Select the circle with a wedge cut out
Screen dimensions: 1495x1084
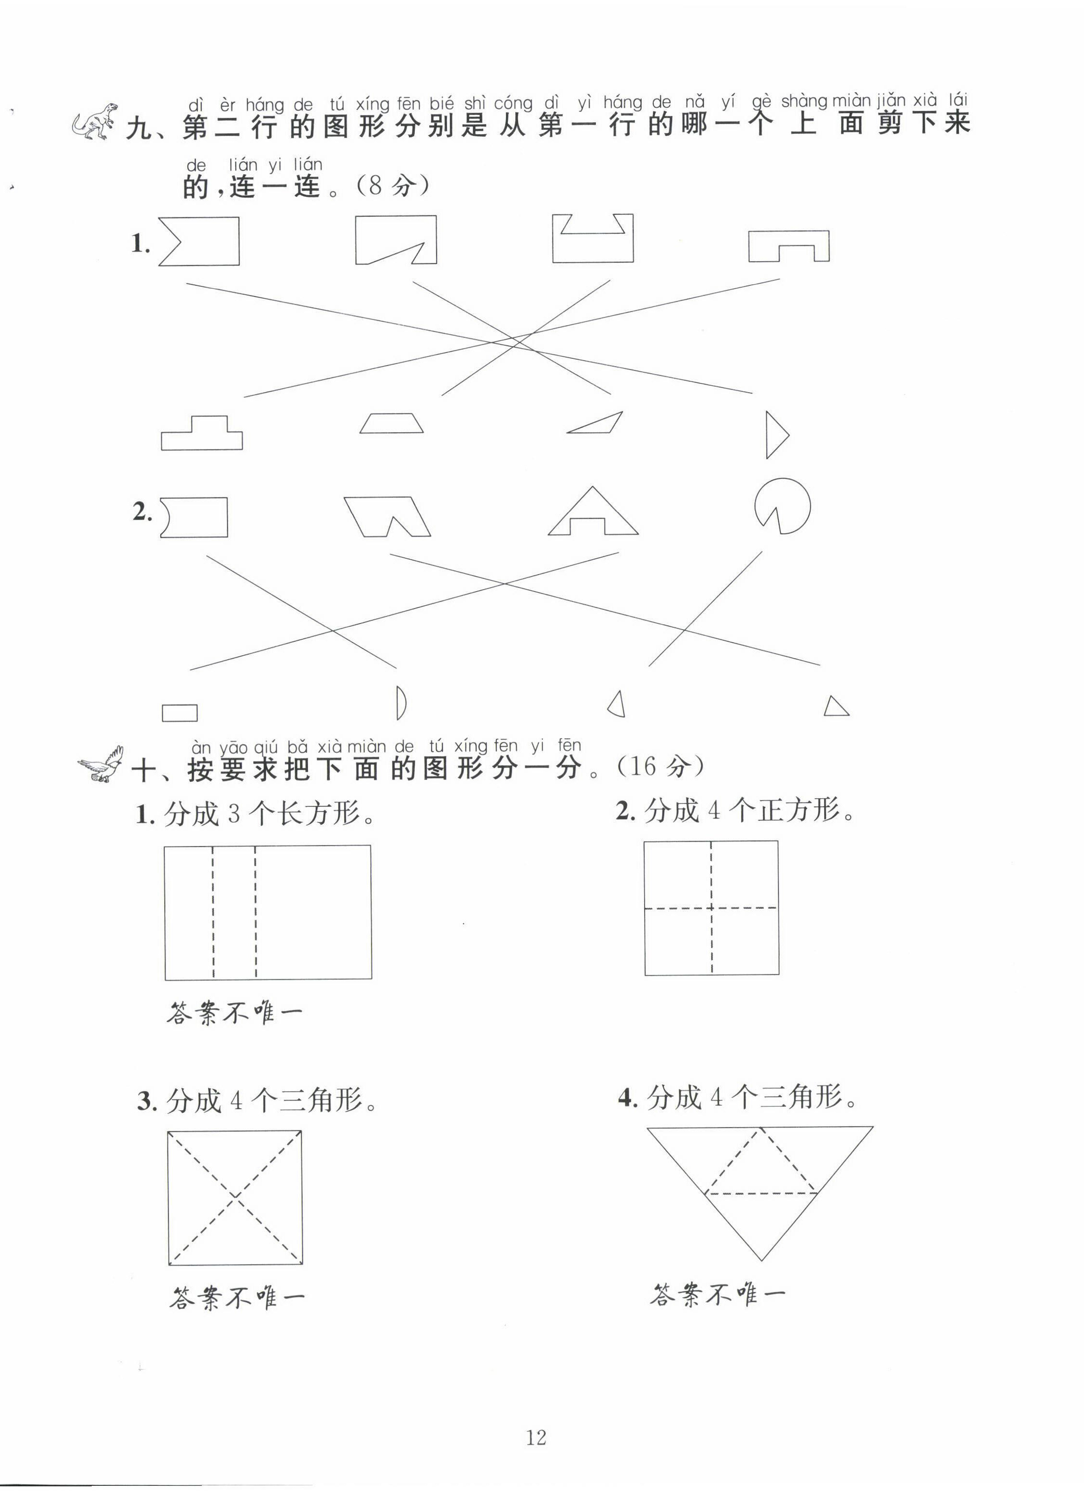(782, 506)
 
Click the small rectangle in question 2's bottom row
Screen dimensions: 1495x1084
(179, 713)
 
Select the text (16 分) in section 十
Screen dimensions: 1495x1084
(660, 766)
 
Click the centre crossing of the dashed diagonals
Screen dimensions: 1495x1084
(235, 1197)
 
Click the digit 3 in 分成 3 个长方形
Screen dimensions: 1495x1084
(234, 815)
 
